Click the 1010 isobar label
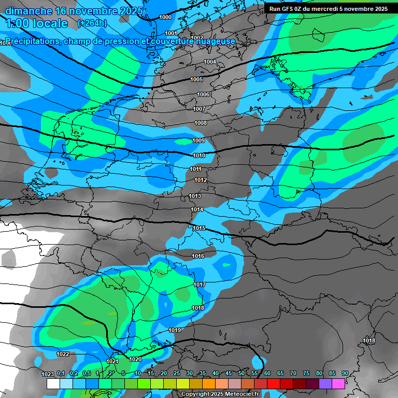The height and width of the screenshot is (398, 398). pyautogui.click(x=199, y=155)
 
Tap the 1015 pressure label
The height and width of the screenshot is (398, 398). pyautogui.click(x=199, y=228)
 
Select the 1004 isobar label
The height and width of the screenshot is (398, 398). pyautogui.click(x=210, y=62)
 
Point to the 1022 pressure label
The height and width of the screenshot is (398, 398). pyautogui.click(x=63, y=354)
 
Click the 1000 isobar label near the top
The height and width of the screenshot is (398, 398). pyautogui.click(x=165, y=17)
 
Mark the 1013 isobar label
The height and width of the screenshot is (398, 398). pyautogui.click(x=195, y=196)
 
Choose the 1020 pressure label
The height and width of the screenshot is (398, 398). pyautogui.click(x=135, y=359)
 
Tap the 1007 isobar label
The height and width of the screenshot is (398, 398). pyautogui.click(x=200, y=109)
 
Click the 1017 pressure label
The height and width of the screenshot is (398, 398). pyautogui.click(x=200, y=285)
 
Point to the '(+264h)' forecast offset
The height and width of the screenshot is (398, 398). pyautogui.click(x=92, y=23)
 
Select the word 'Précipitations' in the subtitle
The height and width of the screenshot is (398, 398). pyautogui.click(x=31, y=41)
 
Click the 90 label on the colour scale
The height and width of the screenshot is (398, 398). pyautogui.click(x=345, y=373)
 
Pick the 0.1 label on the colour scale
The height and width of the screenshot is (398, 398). pyautogui.click(x=61, y=373)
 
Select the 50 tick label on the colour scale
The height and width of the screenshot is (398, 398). pyautogui.click(x=241, y=373)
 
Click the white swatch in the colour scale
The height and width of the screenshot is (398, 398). pyautogui.click(x=53, y=383)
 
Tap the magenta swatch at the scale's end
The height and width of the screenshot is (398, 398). pyautogui.click(x=338, y=383)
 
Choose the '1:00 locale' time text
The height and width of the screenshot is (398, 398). pyautogui.click(x=36, y=23)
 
